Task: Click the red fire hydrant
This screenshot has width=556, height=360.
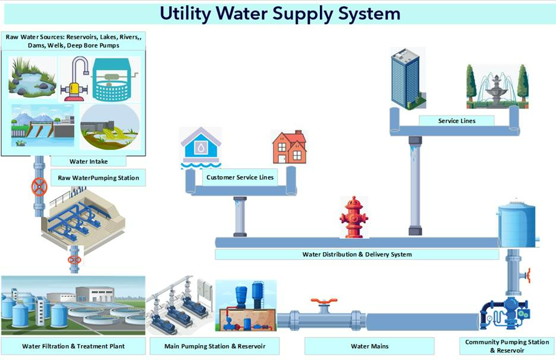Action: [354, 217]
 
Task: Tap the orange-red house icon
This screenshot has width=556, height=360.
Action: [290, 147]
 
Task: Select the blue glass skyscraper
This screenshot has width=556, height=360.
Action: [408, 79]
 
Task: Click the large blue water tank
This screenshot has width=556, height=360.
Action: [516, 224]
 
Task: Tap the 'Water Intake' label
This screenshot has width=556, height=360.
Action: [89, 161]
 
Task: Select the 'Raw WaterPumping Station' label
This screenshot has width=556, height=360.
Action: [99, 178]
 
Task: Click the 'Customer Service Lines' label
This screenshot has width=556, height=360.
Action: [240, 177]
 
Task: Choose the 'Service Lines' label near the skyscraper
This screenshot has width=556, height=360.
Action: [457, 121]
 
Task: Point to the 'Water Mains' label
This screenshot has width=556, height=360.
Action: [369, 346]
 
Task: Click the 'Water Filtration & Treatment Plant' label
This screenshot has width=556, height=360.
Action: [73, 346]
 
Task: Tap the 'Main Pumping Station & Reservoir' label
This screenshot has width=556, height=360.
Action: [215, 346]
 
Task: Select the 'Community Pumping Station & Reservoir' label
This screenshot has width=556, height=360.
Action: [507, 346]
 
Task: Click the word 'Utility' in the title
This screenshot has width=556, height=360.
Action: [185, 14]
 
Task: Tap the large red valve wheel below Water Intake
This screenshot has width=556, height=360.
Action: [39, 187]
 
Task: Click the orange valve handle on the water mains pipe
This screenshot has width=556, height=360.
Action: [323, 302]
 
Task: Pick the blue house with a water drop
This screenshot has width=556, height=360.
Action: [201, 147]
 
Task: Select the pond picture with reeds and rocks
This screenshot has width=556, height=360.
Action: [32, 78]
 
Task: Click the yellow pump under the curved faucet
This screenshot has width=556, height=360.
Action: [74, 91]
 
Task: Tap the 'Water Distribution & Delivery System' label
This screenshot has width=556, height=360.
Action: [357, 254]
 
